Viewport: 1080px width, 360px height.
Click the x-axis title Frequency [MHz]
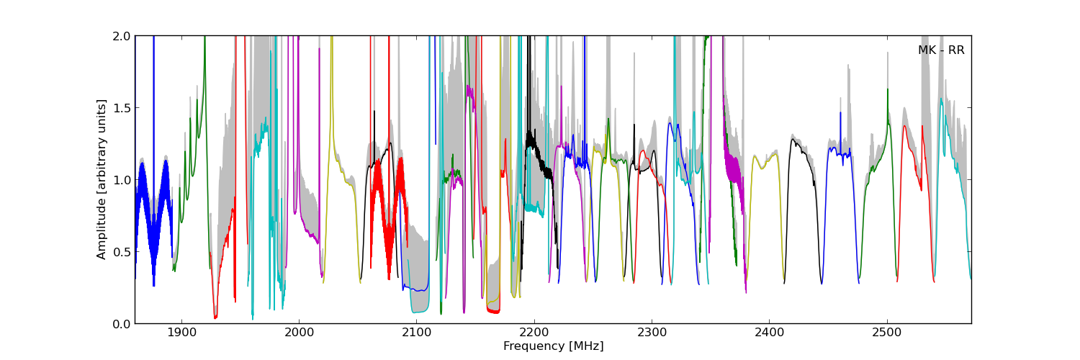click(x=553, y=346)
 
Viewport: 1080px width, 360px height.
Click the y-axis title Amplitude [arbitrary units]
click(x=102, y=179)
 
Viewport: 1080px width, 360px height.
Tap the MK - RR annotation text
click(x=940, y=50)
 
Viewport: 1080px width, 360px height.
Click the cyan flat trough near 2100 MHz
click(x=420, y=311)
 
